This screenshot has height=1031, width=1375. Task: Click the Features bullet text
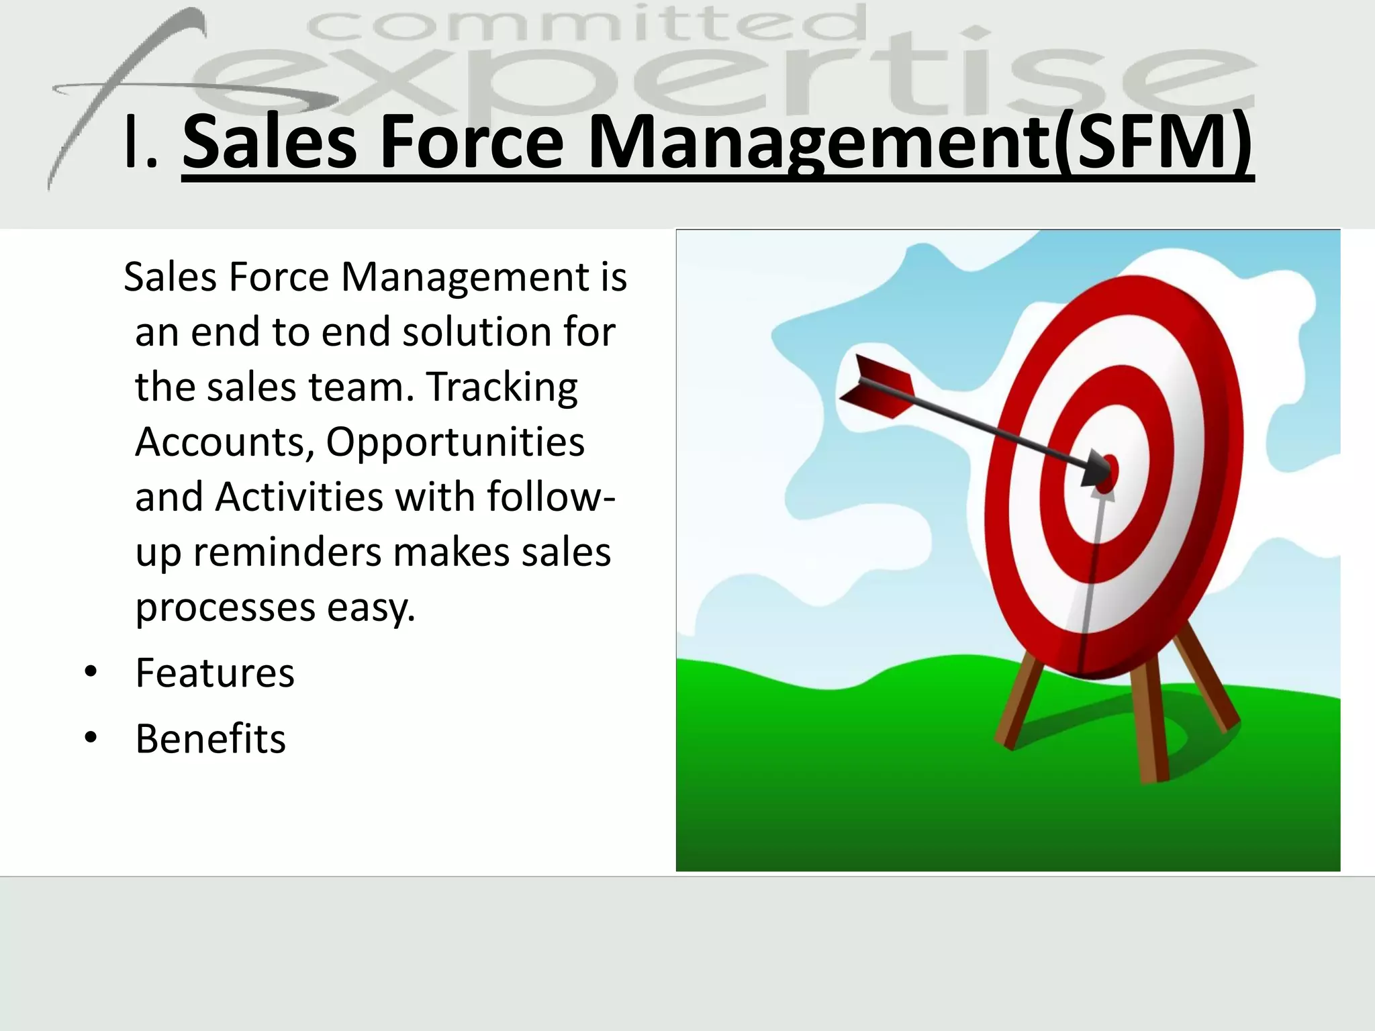215,673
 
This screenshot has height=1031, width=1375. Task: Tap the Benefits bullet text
211,738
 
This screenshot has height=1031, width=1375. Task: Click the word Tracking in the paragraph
502,387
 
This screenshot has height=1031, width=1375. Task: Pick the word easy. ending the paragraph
371,608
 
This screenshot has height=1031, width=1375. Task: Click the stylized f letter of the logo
121,94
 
